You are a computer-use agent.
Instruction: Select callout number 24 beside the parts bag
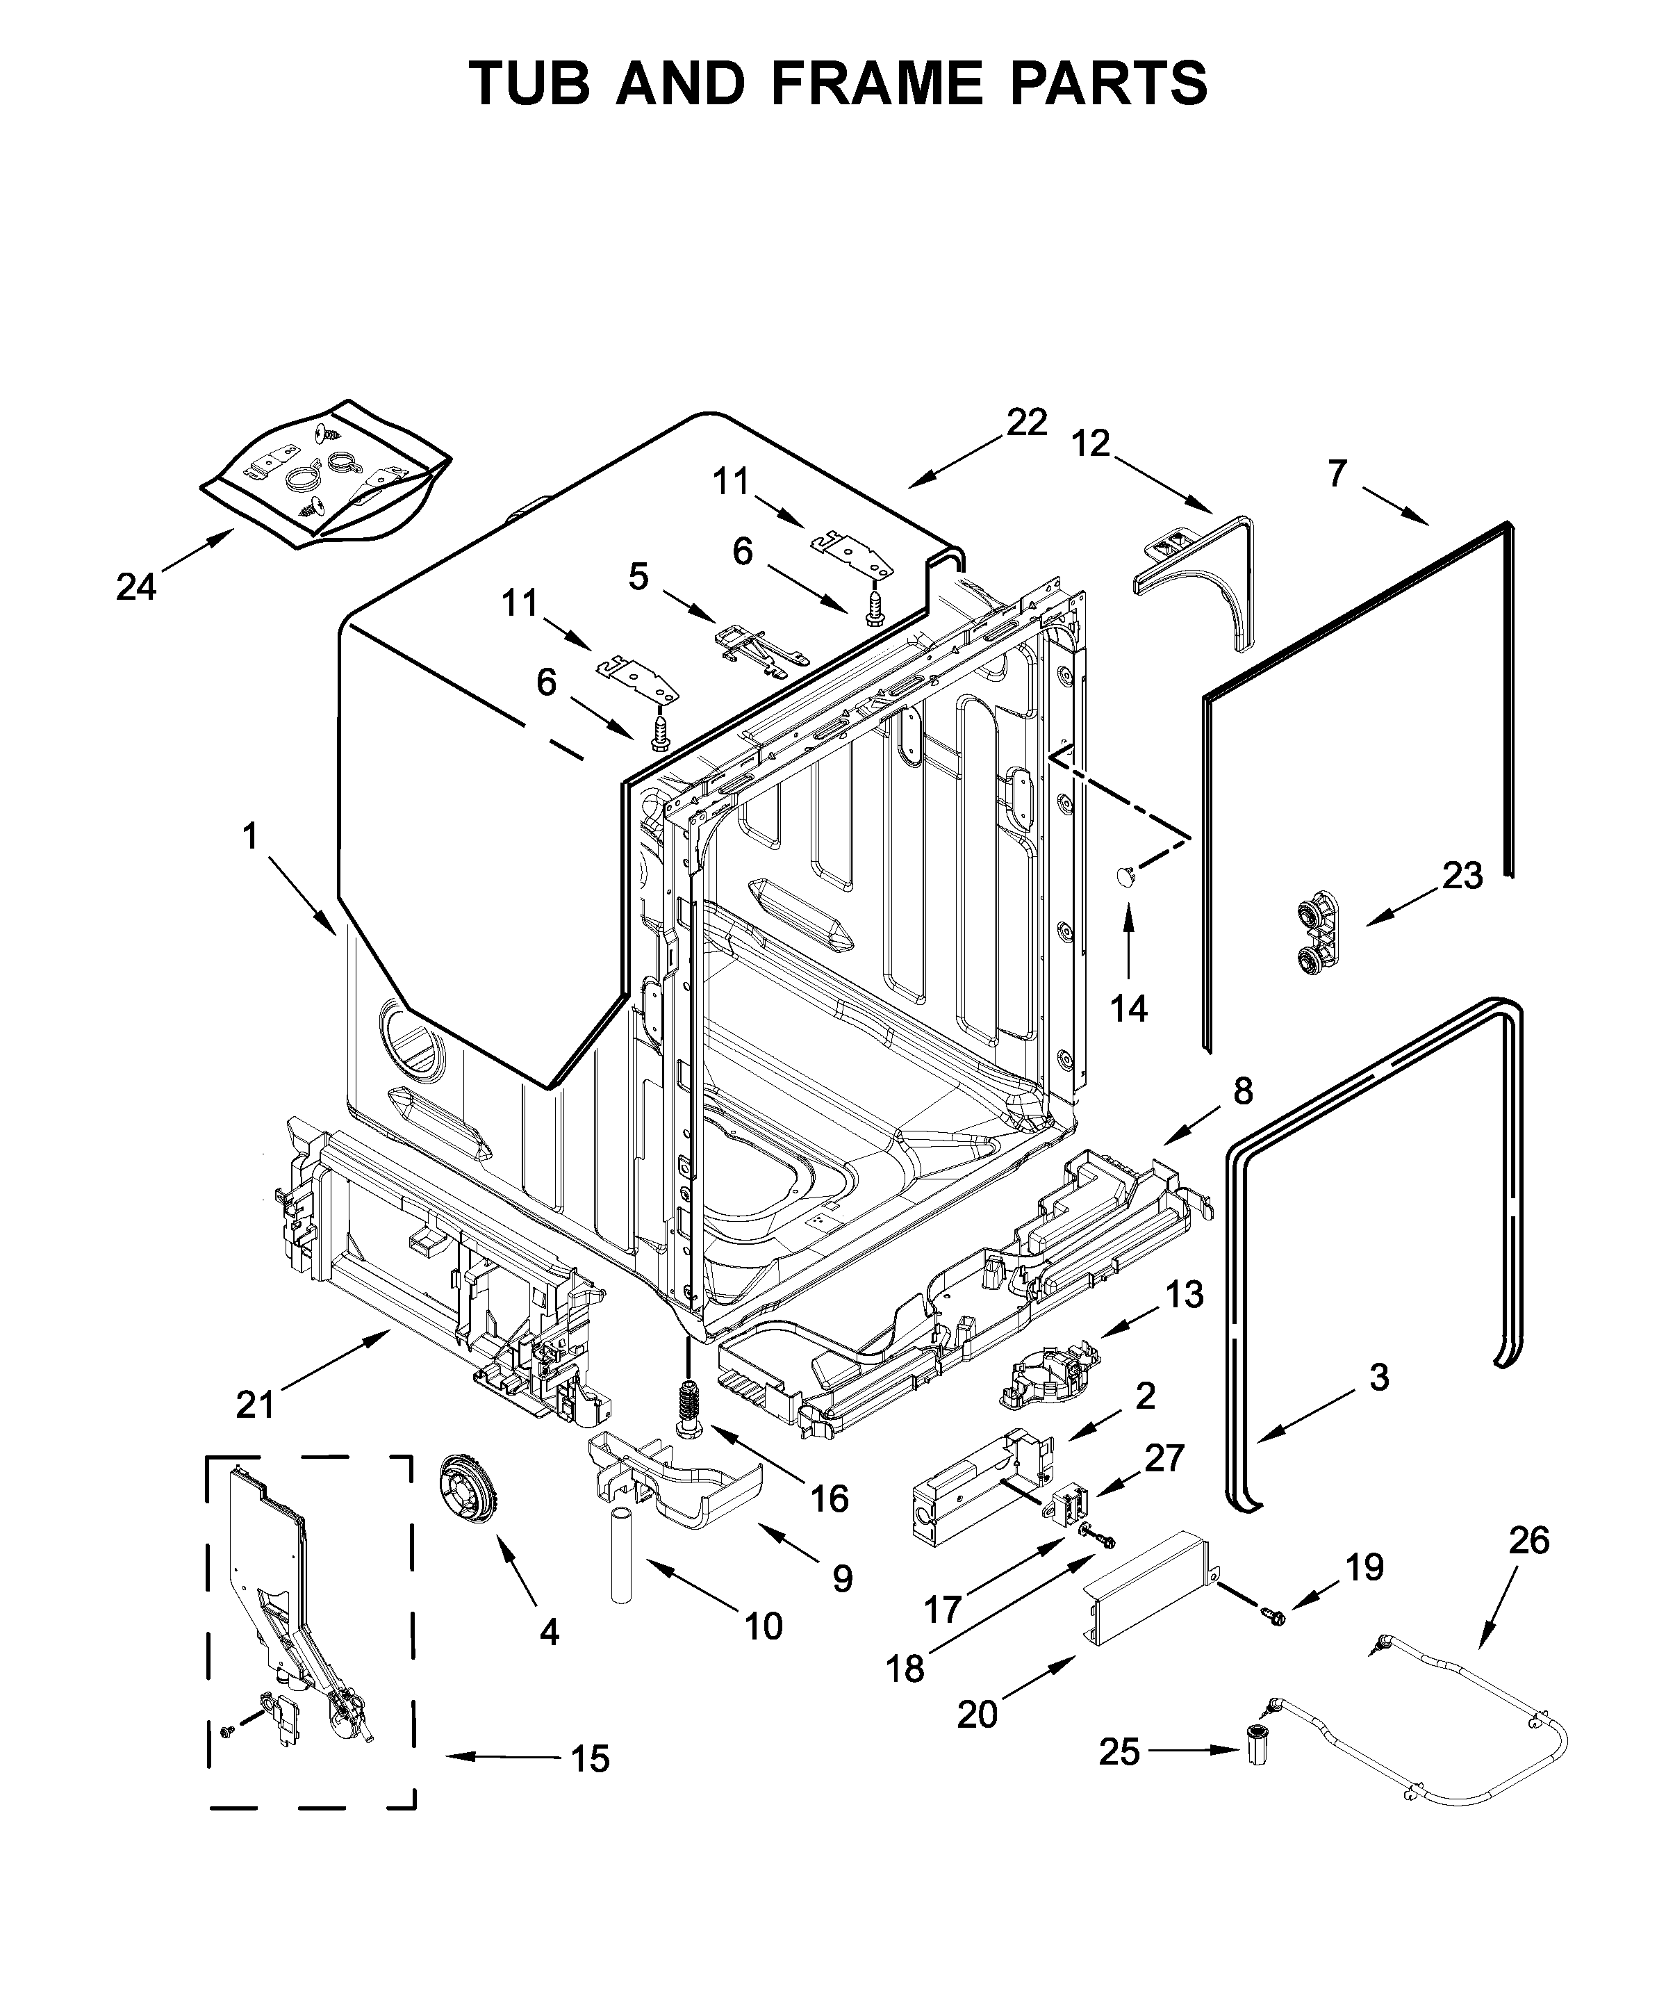[135, 587]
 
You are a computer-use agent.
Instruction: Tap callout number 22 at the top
[1026, 422]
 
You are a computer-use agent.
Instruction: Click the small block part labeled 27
[1070, 1505]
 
